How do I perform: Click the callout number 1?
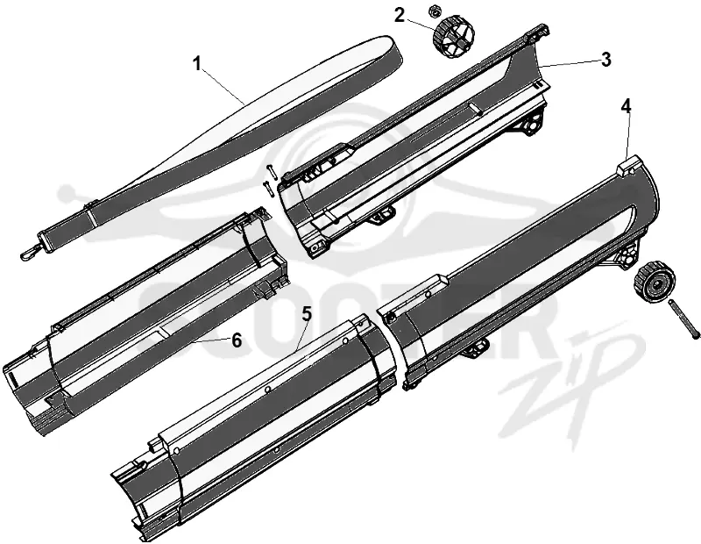coord(196,64)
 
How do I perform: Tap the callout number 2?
coord(400,15)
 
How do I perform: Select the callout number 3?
coord(605,60)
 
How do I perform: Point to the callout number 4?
coord(627,107)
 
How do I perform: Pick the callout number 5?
coord(306,314)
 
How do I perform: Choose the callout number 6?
coord(237,340)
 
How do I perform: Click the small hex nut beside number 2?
coord(433,11)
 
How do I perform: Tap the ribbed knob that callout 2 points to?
coord(452,36)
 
